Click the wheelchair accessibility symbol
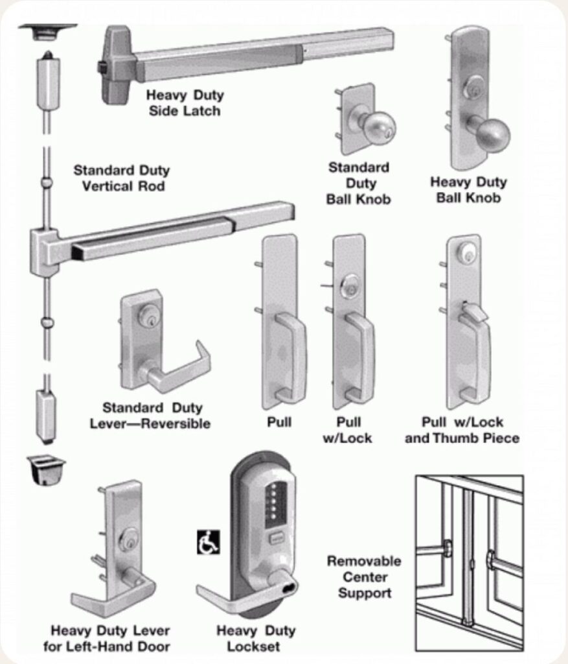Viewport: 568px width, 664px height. point(208,542)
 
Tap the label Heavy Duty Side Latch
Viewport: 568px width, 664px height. point(185,103)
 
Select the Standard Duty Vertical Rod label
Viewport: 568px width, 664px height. point(121,178)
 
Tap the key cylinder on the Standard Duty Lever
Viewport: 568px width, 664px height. point(148,316)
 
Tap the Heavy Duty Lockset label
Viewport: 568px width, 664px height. point(255,638)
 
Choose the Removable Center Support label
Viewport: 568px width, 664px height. point(364,576)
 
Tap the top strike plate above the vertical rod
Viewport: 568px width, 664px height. point(47,30)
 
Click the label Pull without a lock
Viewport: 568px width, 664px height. point(279,422)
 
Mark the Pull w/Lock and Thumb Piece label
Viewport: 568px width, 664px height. point(462,430)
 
